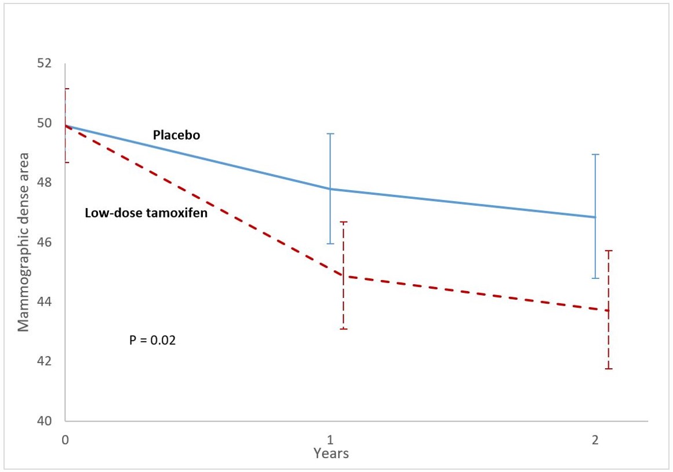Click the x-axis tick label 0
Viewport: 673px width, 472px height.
click(x=66, y=440)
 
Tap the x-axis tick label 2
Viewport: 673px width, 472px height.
click(x=595, y=440)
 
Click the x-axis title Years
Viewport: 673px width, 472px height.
click(x=331, y=453)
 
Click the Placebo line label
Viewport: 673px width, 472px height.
click(x=176, y=135)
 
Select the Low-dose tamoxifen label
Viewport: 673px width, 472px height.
click(x=146, y=213)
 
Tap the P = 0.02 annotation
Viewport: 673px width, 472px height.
click(x=152, y=340)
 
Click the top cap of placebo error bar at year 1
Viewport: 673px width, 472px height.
click(x=330, y=134)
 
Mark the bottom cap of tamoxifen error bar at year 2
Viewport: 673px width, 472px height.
click(x=608, y=369)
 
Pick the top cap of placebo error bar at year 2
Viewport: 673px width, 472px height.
click(x=595, y=155)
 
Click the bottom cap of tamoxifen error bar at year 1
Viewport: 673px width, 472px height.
click(x=343, y=329)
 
